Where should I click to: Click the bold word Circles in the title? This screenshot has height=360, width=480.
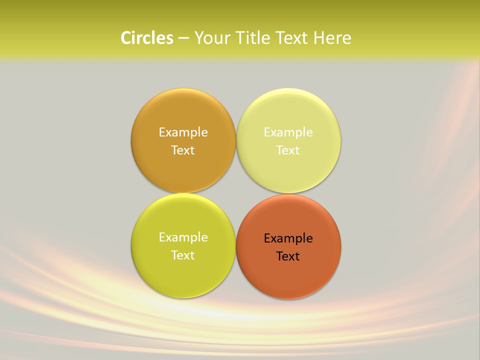[x=147, y=38]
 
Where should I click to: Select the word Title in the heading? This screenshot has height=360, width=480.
[x=252, y=38]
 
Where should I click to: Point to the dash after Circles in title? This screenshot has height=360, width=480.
[x=183, y=38]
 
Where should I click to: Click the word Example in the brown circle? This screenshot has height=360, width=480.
[x=183, y=132]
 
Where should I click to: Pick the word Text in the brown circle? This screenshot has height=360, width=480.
[x=183, y=150]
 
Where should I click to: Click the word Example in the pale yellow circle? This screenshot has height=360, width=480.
[x=288, y=132]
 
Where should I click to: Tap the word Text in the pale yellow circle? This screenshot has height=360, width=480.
[x=288, y=150]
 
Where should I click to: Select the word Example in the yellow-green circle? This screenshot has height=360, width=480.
[x=183, y=237]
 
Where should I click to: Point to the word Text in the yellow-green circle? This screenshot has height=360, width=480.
[x=183, y=255]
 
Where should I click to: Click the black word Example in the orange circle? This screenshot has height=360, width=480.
[x=288, y=238]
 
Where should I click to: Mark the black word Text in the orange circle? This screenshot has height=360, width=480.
[x=288, y=256]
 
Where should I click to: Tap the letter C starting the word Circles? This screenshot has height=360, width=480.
[x=126, y=38]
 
